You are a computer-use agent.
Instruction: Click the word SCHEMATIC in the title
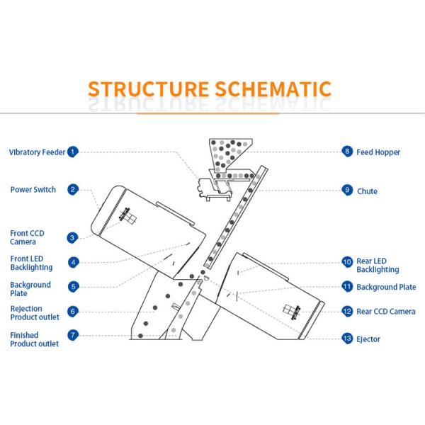pos(271,89)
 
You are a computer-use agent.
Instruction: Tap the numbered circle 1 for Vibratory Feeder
pos(73,152)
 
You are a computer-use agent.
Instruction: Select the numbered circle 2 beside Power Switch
pos(72,190)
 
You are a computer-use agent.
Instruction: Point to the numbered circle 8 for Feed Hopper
pos(347,152)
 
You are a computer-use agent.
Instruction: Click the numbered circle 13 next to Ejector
pos(347,339)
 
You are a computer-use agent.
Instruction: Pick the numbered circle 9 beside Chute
pos(347,190)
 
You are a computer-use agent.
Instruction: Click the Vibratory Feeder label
pos(37,152)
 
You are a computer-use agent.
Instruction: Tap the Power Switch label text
pos(34,190)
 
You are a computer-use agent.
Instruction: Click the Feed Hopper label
pos(378,152)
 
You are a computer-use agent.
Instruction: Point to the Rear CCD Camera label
pos(385,312)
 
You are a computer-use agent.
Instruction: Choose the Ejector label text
pos(368,339)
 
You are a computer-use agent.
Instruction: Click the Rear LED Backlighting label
pos(378,266)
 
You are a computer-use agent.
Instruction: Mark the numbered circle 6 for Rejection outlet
pos(73,312)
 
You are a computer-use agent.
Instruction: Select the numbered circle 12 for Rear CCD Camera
pos(347,312)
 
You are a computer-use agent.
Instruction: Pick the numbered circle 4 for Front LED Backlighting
pos(73,262)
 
